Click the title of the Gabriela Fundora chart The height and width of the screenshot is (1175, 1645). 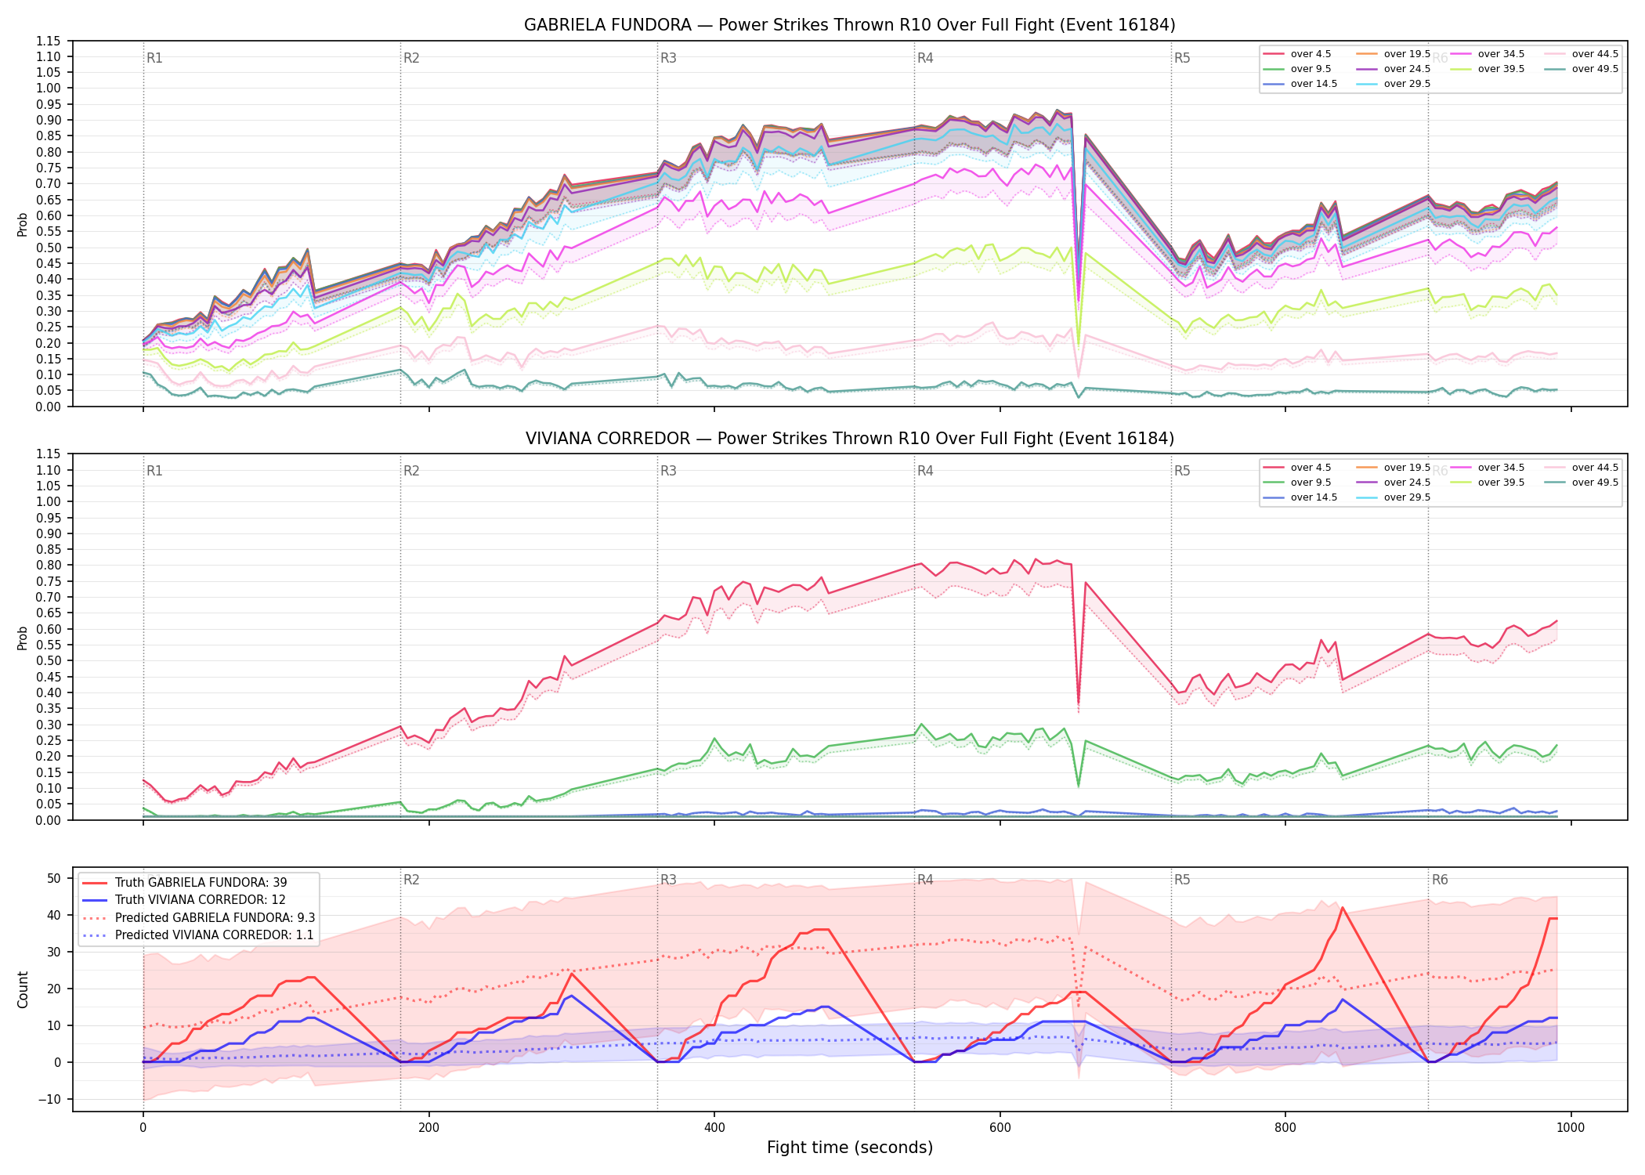point(850,25)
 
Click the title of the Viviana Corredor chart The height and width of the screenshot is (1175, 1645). point(850,439)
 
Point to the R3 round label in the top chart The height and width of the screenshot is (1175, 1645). point(668,58)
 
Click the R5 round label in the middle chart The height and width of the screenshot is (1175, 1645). point(1182,471)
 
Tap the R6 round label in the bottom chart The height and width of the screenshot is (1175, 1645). point(1440,880)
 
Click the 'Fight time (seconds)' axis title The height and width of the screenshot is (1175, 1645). point(850,1148)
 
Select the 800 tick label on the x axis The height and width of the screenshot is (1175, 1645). point(1285,1128)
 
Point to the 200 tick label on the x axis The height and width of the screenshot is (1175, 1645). point(428,1128)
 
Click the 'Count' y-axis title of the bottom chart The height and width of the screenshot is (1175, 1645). point(23,989)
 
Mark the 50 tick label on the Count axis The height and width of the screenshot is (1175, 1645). point(54,878)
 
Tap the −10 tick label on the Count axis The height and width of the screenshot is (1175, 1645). point(50,1099)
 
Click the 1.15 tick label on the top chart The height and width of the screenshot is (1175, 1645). point(49,41)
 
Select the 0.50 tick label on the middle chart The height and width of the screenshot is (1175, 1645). point(49,660)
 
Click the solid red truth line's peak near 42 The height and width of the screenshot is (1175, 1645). point(1343,908)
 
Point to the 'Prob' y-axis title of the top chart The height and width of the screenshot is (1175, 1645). point(23,225)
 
